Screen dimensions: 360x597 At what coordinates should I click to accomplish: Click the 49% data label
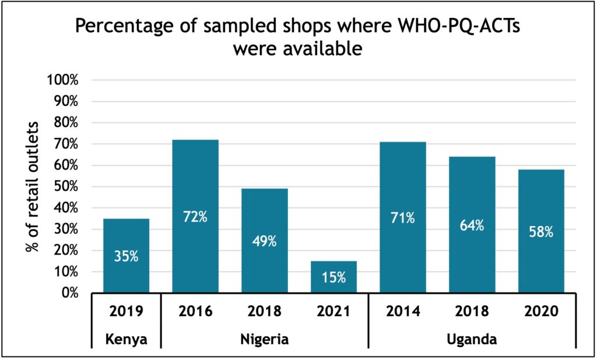tap(264, 241)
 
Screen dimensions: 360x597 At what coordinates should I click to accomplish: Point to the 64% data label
tap(472, 225)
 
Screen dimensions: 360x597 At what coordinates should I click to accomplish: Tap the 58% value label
tap(542, 231)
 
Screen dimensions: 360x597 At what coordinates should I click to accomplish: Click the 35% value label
tap(126, 256)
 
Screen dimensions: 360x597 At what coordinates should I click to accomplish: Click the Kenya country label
tap(126, 339)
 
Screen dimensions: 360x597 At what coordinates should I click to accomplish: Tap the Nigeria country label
tap(264, 339)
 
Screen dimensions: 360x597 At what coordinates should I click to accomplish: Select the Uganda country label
tap(472, 339)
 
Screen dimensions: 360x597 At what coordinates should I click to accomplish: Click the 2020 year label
tap(542, 311)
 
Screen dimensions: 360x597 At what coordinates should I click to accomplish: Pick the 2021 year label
tap(333, 311)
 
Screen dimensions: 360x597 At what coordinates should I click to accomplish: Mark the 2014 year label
tap(403, 311)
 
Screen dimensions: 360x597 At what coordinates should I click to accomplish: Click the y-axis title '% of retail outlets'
tap(33, 186)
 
